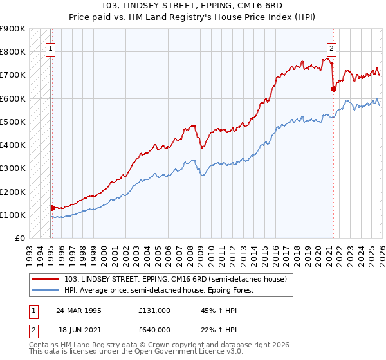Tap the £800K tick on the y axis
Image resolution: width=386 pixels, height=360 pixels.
13,52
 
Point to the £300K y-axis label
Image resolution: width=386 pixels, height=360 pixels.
13,168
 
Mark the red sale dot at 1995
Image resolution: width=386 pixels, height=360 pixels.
52,208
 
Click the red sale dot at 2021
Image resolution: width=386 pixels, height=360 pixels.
333,89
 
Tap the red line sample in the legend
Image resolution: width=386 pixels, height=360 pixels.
46,278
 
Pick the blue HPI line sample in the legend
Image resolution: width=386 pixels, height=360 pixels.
46,290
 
